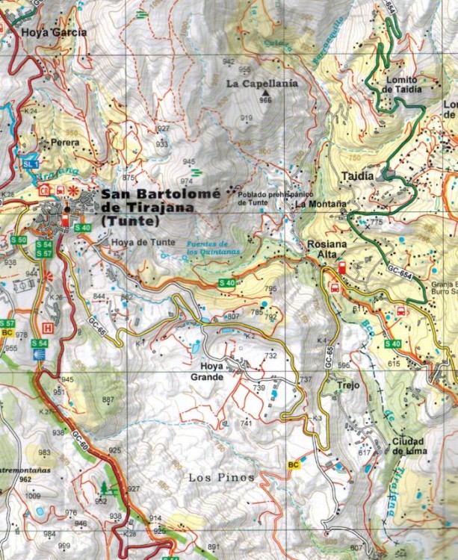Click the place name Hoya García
[x=54, y=32]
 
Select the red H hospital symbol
[x=49, y=327]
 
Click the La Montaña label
[x=321, y=203]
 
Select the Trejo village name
[x=347, y=385]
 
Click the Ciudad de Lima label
[x=408, y=445]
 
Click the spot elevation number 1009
[x=33, y=496]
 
